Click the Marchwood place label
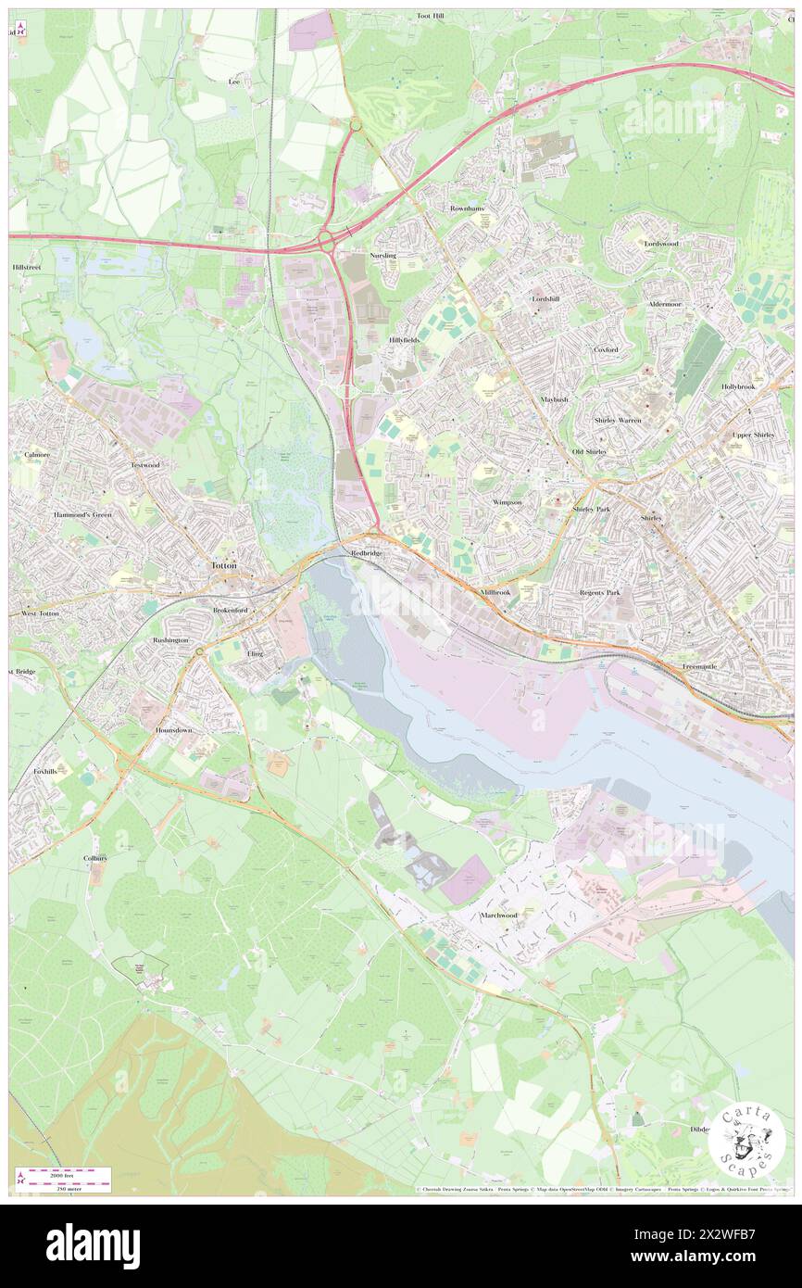499,915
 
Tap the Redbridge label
366,552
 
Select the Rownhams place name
467,208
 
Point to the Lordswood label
661,244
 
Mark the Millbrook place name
495,591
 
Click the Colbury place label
95,858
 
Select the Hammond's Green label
81,514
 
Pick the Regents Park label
599,591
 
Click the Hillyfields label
404,340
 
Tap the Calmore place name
37,455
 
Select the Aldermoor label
665,304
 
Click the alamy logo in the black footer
93,1245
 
